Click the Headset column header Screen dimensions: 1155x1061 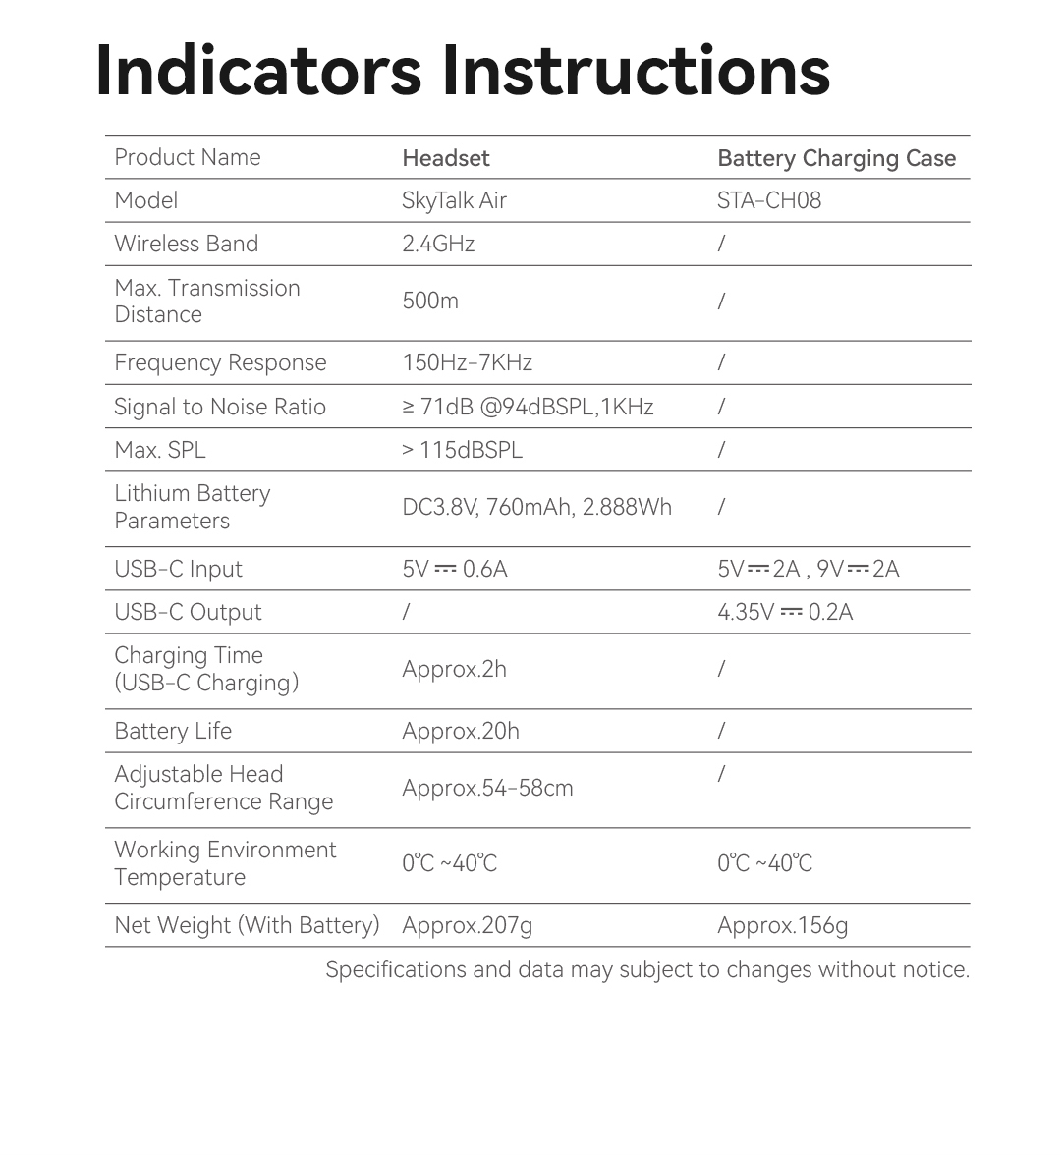click(x=445, y=158)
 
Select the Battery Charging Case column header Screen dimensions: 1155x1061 click(x=836, y=158)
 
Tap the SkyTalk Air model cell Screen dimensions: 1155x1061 click(x=454, y=201)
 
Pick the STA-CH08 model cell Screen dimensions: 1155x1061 click(x=768, y=201)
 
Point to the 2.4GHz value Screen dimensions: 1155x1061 click(x=438, y=244)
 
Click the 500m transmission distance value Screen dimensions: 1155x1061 click(x=430, y=301)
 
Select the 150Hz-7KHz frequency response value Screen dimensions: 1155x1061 click(x=467, y=362)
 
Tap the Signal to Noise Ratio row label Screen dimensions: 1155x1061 click(x=220, y=407)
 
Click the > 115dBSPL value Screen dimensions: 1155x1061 click(x=462, y=450)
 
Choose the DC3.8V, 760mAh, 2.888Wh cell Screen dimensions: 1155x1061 click(x=536, y=507)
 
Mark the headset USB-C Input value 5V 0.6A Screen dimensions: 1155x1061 click(x=454, y=569)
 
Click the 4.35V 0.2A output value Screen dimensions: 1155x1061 click(x=785, y=612)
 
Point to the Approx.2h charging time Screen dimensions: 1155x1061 click(x=454, y=669)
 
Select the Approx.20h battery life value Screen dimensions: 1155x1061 click(x=460, y=731)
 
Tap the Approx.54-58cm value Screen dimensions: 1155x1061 click(x=487, y=788)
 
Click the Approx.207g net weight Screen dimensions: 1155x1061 click(x=467, y=925)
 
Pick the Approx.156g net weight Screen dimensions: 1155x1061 click(x=782, y=925)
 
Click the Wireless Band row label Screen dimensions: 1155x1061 click(x=186, y=244)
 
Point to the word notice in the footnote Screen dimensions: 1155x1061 click(x=938, y=969)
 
